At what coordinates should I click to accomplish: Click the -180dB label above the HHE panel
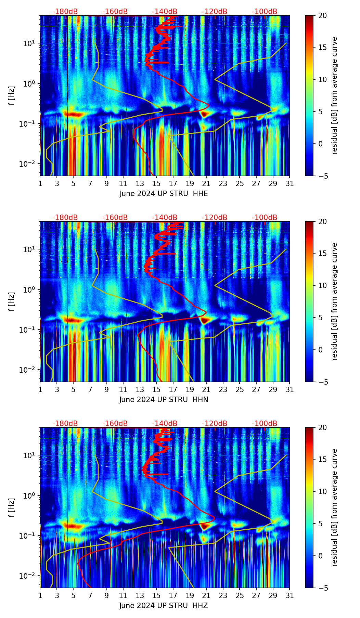[x=65, y=12]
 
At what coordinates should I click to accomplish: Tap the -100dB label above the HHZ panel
[x=265, y=424]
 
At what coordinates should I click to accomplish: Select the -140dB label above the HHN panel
[x=165, y=218]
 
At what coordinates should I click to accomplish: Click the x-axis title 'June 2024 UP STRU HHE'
[x=164, y=194]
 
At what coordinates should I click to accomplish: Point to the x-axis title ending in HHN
[x=164, y=400]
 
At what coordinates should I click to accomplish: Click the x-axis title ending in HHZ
[x=164, y=606]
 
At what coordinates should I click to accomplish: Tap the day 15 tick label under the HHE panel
[x=156, y=184]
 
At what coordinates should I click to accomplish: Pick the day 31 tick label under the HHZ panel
[x=290, y=596]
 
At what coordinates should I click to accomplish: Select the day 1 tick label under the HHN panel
[x=40, y=390]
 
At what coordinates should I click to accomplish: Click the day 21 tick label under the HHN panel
[x=206, y=390]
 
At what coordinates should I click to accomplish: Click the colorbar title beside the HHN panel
[x=334, y=301]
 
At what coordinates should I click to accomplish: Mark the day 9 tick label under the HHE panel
[x=106, y=184]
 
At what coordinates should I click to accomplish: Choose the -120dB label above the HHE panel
[x=215, y=12]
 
